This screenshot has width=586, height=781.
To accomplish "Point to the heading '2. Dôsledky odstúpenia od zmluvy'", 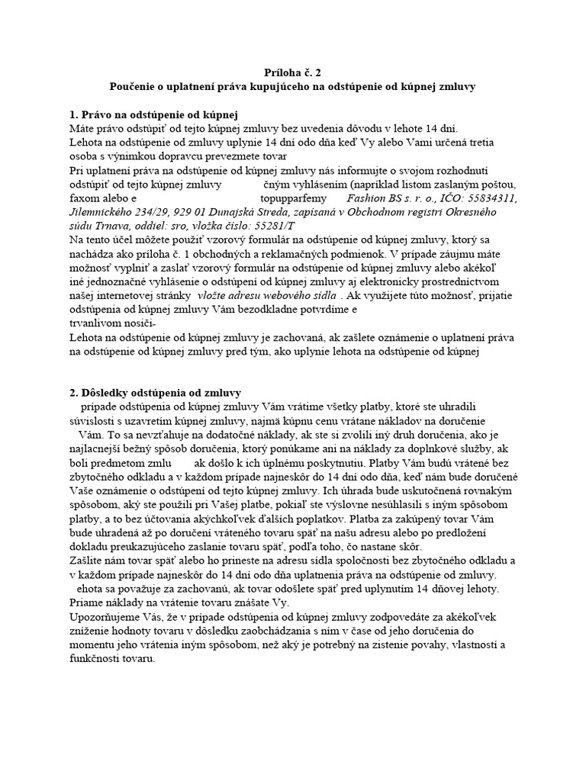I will click(155, 393).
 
